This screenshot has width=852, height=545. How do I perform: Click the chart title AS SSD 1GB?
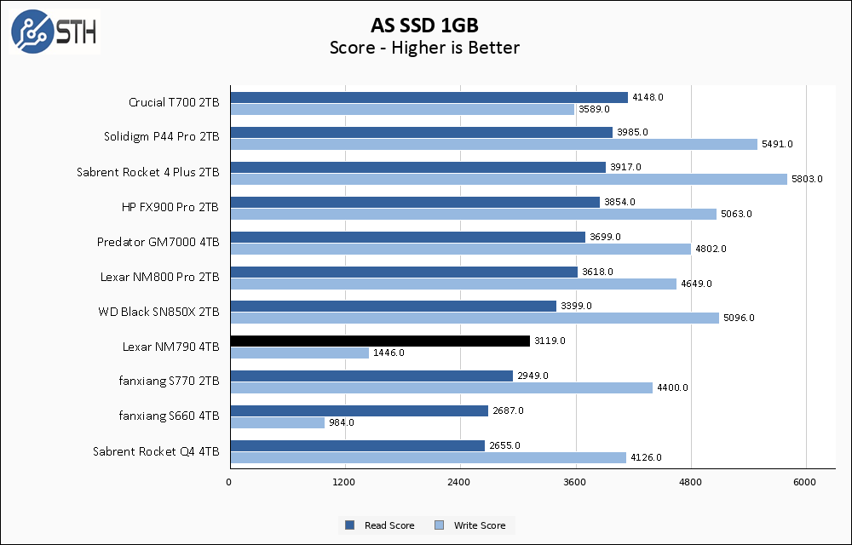(x=424, y=23)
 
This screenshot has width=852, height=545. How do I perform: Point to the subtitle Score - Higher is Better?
(x=424, y=48)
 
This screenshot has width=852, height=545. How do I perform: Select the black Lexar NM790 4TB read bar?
(x=380, y=341)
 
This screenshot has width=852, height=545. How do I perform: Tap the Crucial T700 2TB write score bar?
(x=402, y=109)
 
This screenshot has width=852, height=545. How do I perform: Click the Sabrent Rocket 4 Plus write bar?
(x=509, y=179)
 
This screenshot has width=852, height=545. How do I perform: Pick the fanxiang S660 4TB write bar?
(x=277, y=422)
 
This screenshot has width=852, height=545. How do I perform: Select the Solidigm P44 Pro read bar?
(x=421, y=132)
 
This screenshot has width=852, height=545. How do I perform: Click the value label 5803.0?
(x=807, y=179)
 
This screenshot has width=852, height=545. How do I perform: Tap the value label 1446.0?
(x=389, y=353)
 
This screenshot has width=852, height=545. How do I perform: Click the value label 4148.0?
(x=648, y=97)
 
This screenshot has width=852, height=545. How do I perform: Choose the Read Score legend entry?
(x=380, y=525)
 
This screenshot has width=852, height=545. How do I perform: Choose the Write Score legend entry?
(x=472, y=525)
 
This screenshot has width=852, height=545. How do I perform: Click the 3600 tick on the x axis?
(x=576, y=483)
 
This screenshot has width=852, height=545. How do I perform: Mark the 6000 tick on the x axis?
(x=806, y=483)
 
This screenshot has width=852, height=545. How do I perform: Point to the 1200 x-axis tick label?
(x=345, y=483)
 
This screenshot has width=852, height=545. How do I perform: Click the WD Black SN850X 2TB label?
(x=158, y=312)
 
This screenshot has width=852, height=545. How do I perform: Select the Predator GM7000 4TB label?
(x=158, y=242)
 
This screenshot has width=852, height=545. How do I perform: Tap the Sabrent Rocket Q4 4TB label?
(x=156, y=451)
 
